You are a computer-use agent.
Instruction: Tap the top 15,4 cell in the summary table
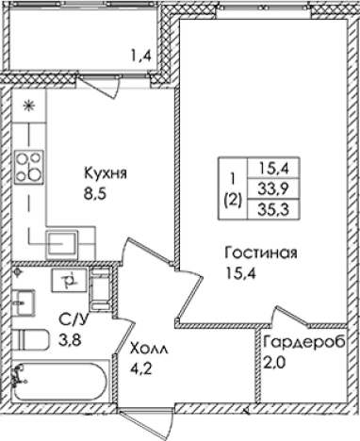[265, 168]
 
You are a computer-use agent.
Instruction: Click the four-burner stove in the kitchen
[30, 166]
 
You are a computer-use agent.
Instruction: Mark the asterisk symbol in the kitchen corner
[28, 104]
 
